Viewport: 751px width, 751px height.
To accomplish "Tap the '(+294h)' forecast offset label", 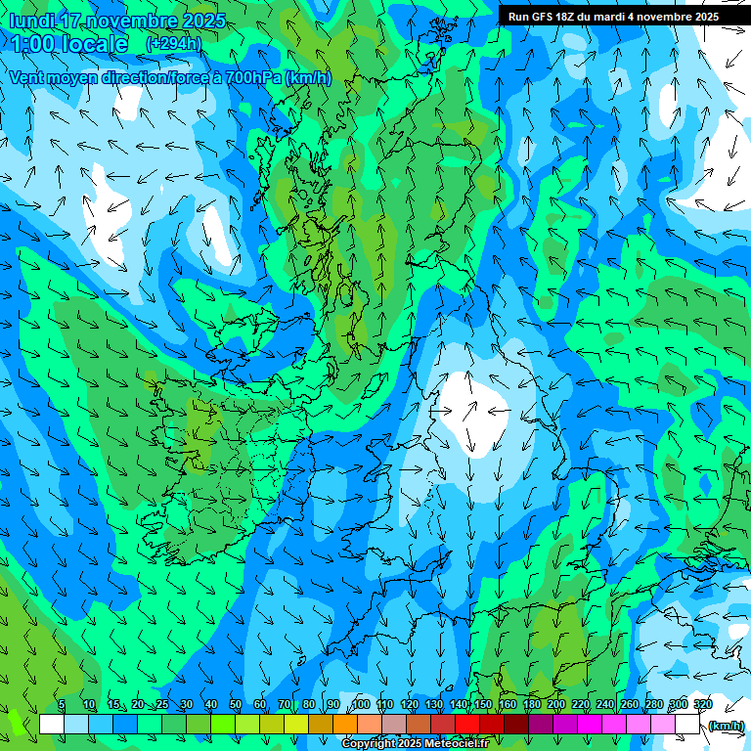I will (x=173, y=43).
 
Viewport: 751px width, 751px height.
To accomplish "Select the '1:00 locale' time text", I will (x=68, y=44).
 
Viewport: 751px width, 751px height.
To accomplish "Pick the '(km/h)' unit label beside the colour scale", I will (x=726, y=725).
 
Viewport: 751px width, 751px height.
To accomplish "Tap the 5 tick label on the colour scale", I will (x=62, y=705).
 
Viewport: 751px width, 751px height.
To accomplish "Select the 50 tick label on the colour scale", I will (x=236, y=705).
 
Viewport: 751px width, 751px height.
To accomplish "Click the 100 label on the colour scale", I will (x=360, y=705).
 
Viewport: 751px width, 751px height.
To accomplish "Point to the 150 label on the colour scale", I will (x=483, y=705).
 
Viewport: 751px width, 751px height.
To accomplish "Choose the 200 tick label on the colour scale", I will (x=556, y=705).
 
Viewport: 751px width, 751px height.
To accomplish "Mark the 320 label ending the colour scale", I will (x=703, y=705).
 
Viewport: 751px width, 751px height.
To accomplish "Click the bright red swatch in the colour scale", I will (x=467, y=725).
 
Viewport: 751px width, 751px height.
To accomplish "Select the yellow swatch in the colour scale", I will (x=296, y=725).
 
